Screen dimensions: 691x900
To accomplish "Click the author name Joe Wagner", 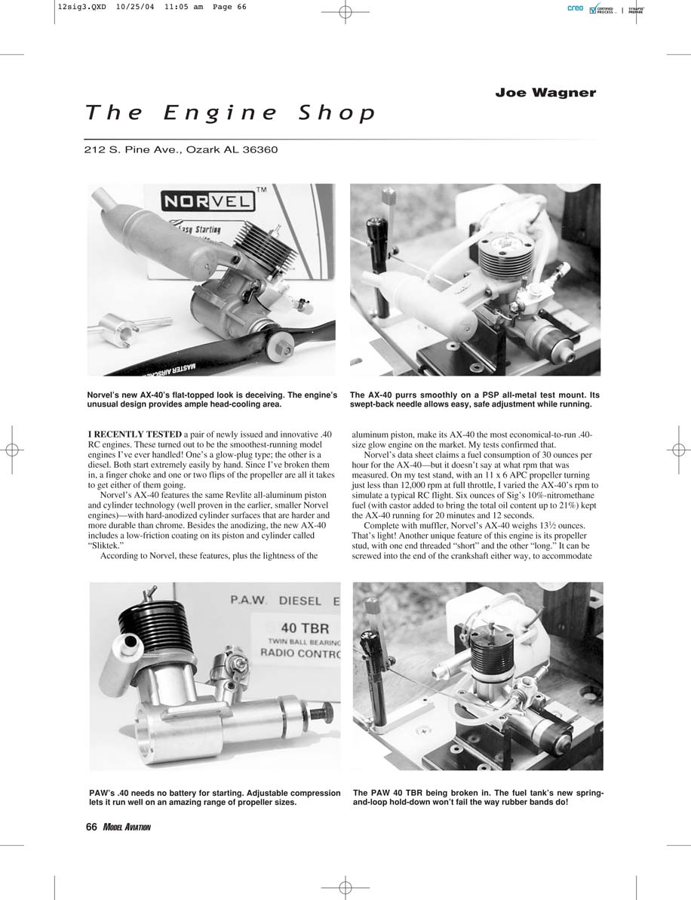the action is pos(545,93).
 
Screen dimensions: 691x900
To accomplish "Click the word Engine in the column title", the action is pos(220,112).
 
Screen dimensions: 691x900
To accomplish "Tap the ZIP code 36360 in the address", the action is pos(260,150).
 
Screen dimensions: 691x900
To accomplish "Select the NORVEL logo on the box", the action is pos(207,201).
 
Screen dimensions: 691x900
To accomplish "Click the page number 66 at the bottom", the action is pos(91,827).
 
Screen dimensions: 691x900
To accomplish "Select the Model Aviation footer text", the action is pos(126,827).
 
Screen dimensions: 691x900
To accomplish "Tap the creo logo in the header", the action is pos(575,8).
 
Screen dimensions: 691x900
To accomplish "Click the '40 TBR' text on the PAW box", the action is pos(305,628).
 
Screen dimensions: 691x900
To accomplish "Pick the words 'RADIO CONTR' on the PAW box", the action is pos(300,653).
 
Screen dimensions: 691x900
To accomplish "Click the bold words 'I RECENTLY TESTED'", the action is pos(134,435).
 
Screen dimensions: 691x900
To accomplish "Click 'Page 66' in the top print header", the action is pos(229,7).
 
